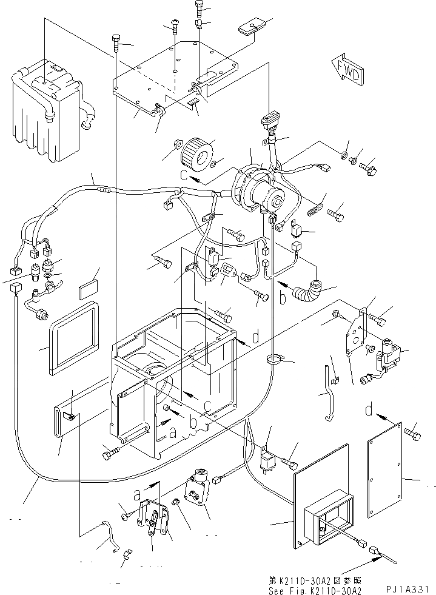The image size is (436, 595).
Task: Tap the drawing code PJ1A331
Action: tap(408, 588)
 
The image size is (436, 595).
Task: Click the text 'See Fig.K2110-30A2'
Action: tap(316, 588)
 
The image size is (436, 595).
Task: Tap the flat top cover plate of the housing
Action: tap(176, 76)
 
